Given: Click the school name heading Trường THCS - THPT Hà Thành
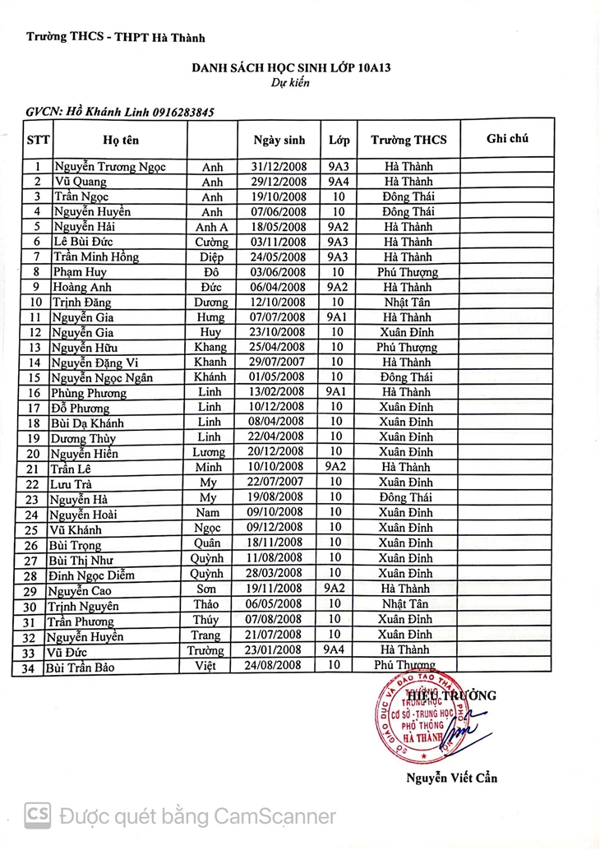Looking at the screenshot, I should click(x=115, y=37).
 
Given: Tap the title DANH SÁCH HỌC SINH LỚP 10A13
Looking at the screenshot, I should click(x=290, y=69).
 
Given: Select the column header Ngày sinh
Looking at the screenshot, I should click(x=279, y=140).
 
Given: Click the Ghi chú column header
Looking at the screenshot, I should click(x=506, y=138).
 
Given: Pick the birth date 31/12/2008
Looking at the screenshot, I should click(x=279, y=167).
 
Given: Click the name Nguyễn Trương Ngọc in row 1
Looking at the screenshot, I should click(x=109, y=167).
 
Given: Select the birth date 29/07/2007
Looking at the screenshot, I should click(x=279, y=363).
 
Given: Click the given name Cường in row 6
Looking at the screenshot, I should click(x=211, y=243).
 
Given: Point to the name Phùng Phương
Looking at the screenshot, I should click(x=90, y=393).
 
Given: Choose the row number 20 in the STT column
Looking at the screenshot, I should click(x=34, y=453).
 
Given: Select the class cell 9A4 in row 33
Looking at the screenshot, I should click(x=335, y=649).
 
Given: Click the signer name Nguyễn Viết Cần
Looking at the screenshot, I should click(x=450, y=778).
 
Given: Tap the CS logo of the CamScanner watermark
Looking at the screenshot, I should click(x=39, y=815).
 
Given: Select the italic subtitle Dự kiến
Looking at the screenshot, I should click(x=290, y=83).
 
